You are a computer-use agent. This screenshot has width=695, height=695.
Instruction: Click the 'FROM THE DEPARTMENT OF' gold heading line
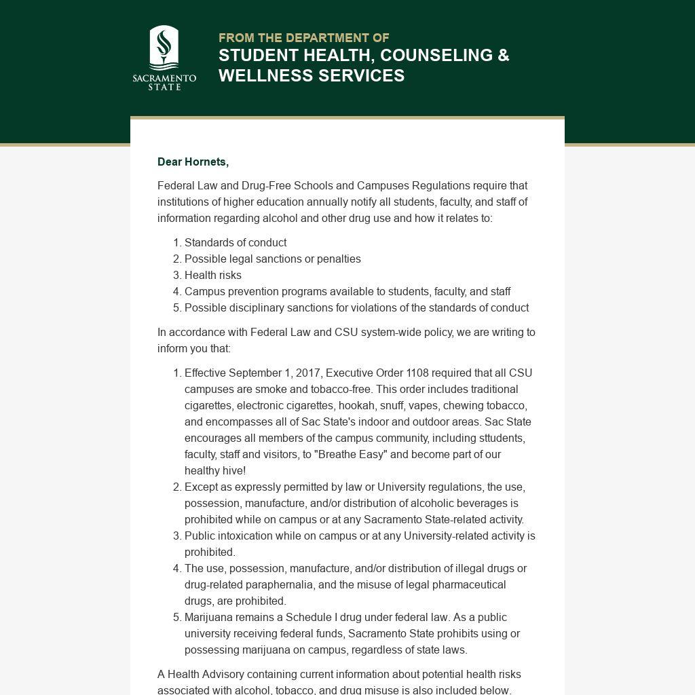[x=303, y=38]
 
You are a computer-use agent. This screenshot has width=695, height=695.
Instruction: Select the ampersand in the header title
[x=503, y=56]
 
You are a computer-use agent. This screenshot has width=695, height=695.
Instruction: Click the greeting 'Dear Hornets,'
[x=193, y=162]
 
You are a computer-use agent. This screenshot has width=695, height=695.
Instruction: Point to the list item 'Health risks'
[x=212, y=275]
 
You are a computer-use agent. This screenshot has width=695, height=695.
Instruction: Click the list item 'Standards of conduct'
[x=235, y=242]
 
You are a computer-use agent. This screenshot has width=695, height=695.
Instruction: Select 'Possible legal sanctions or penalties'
[x=272, y=259]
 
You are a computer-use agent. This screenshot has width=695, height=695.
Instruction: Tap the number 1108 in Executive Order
[x=417, y=373]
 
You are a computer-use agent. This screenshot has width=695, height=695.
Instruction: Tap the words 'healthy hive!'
[x=215, y=470]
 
